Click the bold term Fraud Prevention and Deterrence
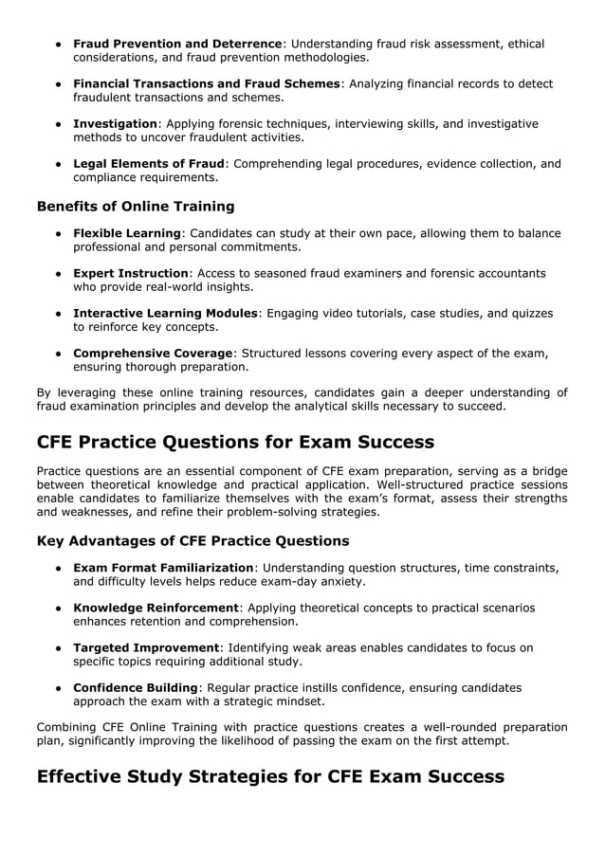(x=177, y=44)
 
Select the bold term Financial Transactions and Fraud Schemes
(x=206, y=83)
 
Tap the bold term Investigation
(x=115, y=123)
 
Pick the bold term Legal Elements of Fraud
(x=149, y=163)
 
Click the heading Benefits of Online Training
(x=135, y=206)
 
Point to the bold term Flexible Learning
(x=126, y=233)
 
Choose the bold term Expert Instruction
(x=131, y=273)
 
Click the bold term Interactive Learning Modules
(x=165, y=313)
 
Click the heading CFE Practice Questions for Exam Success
(x=235, y=442)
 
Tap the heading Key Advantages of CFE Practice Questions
(x=192, y=541)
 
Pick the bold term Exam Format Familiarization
(x=163, y=568)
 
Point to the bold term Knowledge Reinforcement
(x=156, y=608)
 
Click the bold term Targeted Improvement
(x=145, y=647)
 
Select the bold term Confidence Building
(x=137, y=687)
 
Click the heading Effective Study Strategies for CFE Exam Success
(x=269, y=777)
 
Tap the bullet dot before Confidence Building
(x=59, y=687)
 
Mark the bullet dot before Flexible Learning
(x=59, y=233)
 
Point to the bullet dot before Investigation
(x=59, y=123)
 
